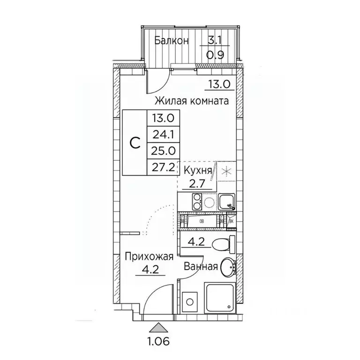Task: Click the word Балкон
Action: (x=172, y=41)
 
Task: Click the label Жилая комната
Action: (x=192, y=100)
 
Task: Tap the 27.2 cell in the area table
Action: (x=161, y=166)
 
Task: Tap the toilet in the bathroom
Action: (x=219, y=243)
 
